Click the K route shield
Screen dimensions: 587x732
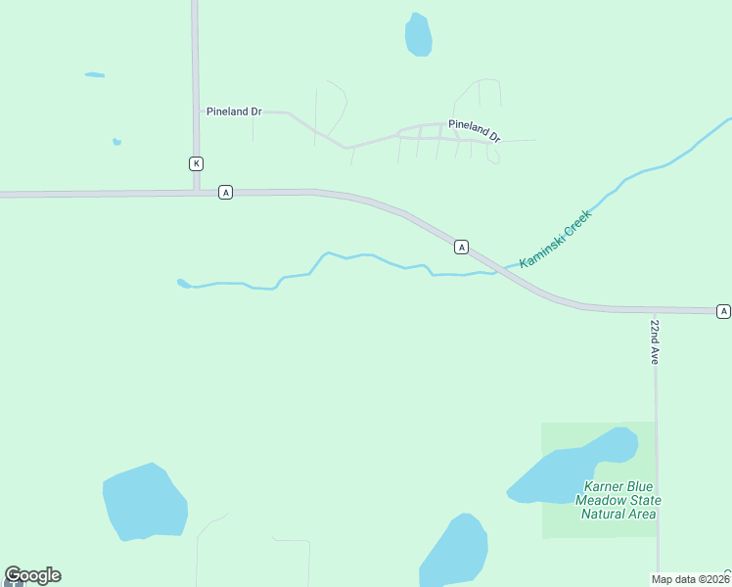tap(197, 163)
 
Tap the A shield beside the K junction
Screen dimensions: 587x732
tap(226, 193)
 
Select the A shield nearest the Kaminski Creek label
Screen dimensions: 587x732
tap(461, 248)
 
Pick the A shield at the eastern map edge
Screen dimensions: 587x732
tap(723, 311)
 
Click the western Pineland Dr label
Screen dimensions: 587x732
tap(234, 112)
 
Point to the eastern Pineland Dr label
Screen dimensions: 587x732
tap(475, 129)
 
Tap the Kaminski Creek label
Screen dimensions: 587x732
tap(556, 239)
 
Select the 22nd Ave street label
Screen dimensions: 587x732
tap(655, 341)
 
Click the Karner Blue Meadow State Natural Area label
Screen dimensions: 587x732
tap(618, 500)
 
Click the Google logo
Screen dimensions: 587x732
tap(32, 575)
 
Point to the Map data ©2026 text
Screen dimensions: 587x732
tap(690, 579)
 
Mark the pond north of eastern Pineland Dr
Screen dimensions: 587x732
tap(419, 35)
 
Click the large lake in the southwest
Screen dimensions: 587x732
tap(145, 503)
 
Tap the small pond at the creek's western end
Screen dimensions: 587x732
tap(183, 284)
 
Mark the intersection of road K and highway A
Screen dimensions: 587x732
tap(197, 193)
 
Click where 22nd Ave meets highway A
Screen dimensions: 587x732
tap(655, 311)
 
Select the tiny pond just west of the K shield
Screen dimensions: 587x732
tap(117, 142)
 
